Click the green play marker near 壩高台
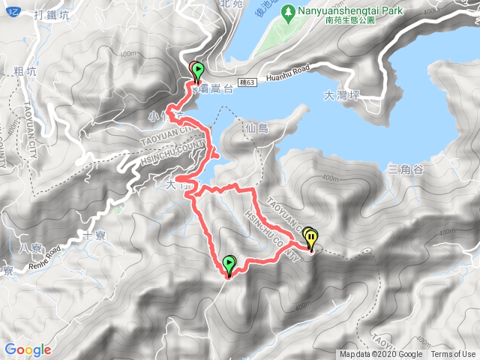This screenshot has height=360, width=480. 196,71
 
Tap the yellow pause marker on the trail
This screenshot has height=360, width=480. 310,238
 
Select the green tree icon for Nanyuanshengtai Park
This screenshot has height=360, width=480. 286,12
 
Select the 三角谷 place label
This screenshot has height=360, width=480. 406,169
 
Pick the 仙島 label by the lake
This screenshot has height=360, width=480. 256,129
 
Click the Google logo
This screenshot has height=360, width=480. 28,349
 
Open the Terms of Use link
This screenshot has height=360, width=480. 452,355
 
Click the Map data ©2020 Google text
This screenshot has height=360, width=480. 380,355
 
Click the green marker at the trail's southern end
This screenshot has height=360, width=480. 229,264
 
